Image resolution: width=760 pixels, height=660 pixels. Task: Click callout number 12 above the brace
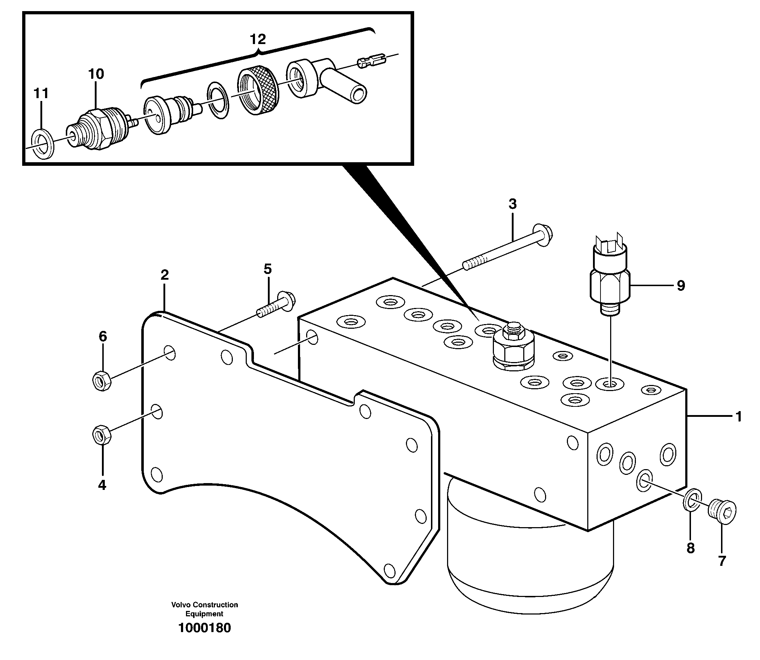[x=258, y=39]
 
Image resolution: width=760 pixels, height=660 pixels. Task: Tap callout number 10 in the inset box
[x=95, y=74]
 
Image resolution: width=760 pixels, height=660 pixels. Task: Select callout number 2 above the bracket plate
[x=165, y=275]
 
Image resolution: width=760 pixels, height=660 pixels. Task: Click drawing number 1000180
[x=204, y=638]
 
